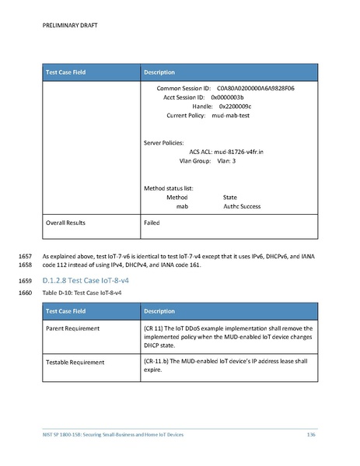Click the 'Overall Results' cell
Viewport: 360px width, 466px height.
(x=65, y=223)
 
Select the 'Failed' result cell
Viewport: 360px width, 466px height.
(x=152, y=223)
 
